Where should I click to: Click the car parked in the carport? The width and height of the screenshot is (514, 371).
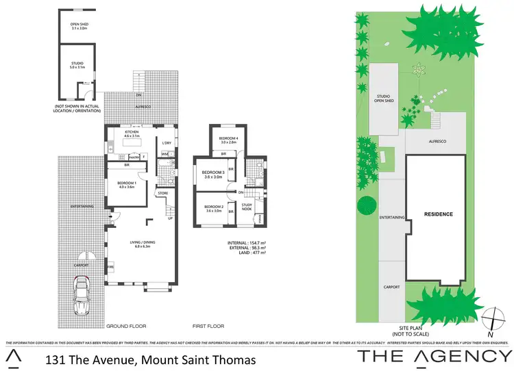click(82, 294)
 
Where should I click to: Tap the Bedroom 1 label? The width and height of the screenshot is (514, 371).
click(126, 184)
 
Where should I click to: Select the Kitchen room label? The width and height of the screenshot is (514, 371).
click(132, 133)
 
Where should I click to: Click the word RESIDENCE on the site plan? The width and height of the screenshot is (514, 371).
click(438, 214)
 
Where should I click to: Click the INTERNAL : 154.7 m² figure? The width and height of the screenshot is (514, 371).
click(248, 243)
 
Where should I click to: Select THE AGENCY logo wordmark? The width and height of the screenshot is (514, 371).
click(436, 356)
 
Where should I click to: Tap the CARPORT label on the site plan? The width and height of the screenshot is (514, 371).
click(392, 287)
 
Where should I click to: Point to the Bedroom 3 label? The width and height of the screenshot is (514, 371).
click(215, 175)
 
